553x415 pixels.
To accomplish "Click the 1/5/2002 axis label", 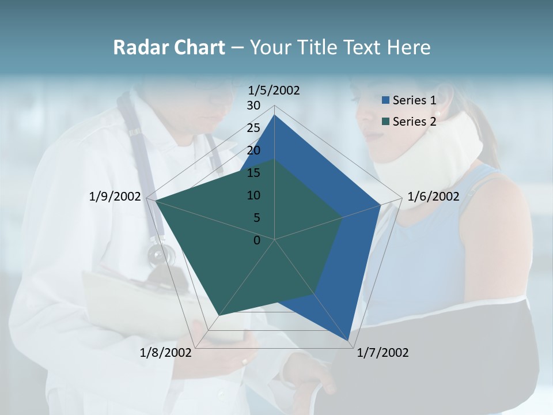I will point(274,90).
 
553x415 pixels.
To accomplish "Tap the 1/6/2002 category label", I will point(433,197).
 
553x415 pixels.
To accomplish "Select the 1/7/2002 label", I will point(382,353).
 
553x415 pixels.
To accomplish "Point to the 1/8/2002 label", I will point(166,353).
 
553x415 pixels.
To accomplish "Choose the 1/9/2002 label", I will point(115,197).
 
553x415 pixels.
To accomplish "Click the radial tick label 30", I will point(253,105).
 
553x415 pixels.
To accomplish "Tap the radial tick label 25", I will point(253,128).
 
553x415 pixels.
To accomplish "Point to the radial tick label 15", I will point(253,173).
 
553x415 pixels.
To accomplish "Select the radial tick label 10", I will point(253,195).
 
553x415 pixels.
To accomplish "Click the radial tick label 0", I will point(257,240).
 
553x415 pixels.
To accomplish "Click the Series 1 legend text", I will point(414,100).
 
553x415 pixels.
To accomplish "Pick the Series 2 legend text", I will point(414,122).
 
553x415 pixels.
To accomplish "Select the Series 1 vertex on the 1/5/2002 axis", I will point(275,115).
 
